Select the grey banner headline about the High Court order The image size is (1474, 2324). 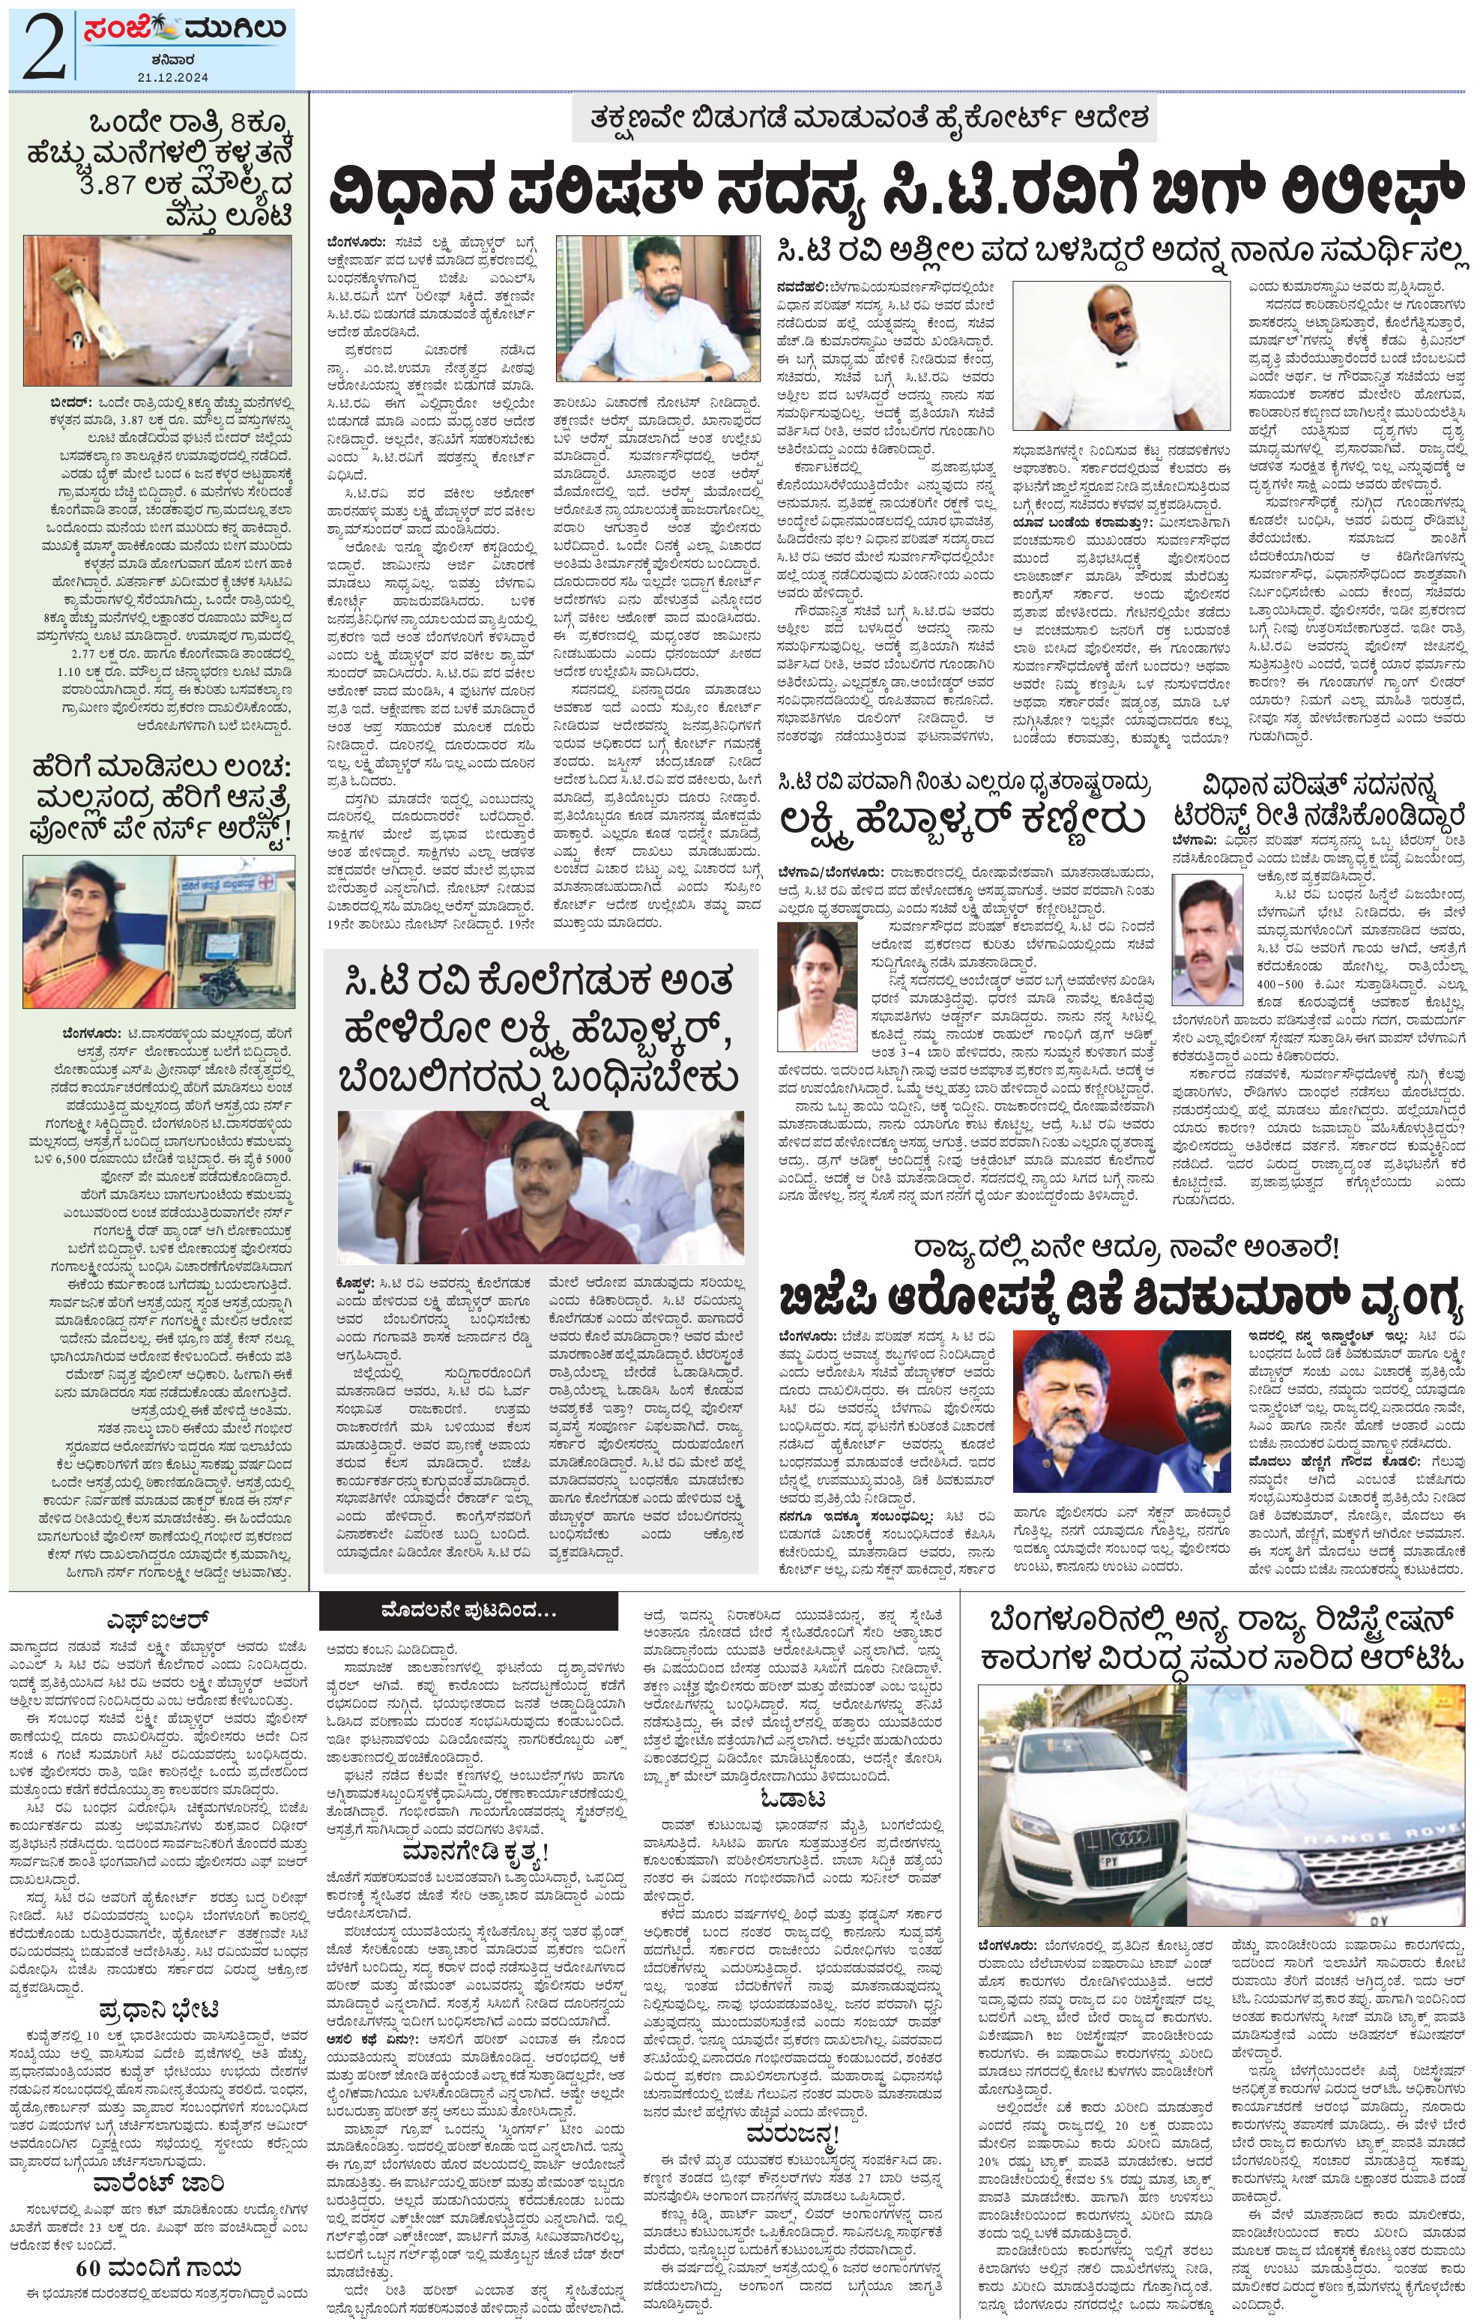[874, 121]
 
